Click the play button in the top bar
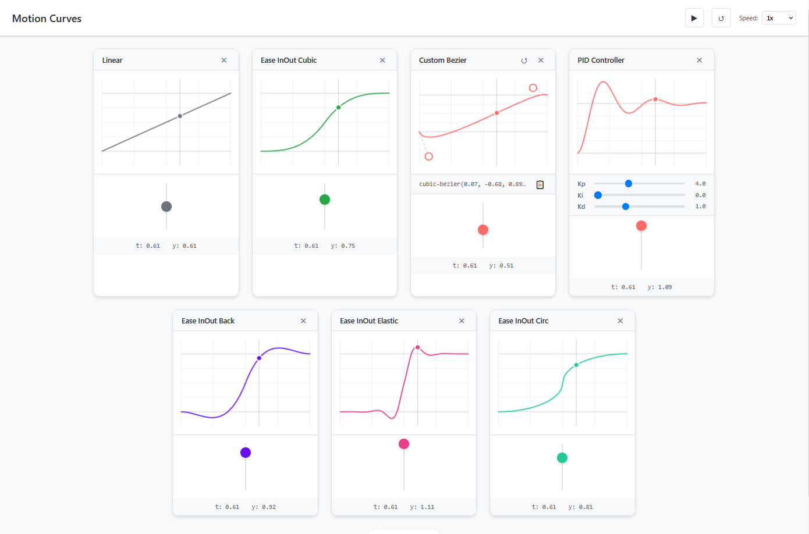tap(694, 18)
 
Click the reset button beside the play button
tap(721, 18)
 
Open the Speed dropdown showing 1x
tap(779, 18)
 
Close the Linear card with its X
tap(224, 60)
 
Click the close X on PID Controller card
tap(700, 60)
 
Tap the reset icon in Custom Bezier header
tap(524, 60)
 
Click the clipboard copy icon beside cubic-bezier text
tap(540, 184)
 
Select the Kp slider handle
tap(629, 184)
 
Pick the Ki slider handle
tap(598, 195)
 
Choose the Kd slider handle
tap(626, 207)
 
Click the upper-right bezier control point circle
tap(533, 88)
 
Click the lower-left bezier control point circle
tap(429, 156)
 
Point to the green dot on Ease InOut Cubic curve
tap(339, 108)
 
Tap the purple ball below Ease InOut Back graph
tap(246, 453)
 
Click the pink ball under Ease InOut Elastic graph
tap(404, 444)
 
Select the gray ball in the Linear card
tap(166, 207)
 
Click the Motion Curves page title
tap(47, 19)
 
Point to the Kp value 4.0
tap(700, 184)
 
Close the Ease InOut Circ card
tap(620, 321)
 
